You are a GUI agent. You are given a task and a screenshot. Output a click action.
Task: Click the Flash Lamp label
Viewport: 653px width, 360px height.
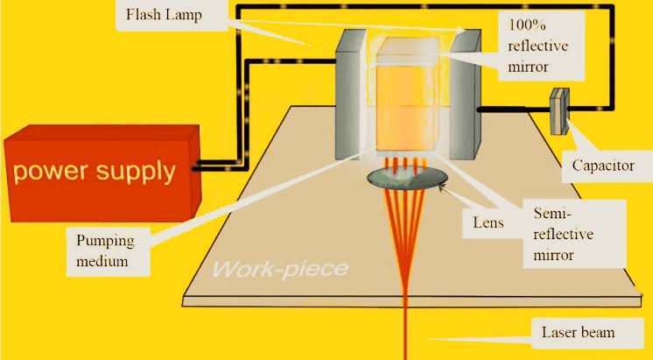[x=164, y=15]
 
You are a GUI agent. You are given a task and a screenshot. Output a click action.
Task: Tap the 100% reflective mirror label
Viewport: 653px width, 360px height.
[x=537, y=46]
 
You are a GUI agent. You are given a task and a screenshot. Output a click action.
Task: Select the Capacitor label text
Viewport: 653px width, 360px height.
[x=603, y=166]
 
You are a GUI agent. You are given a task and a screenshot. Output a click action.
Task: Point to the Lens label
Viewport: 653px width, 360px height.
[x=488, y=222]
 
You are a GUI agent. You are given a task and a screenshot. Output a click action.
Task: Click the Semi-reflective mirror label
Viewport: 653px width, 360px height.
[x=563, y=234]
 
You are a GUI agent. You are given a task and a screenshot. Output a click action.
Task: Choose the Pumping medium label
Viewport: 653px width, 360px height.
[x=105, y=251]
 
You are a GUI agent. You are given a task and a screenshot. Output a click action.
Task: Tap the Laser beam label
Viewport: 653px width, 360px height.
[x=578, y=332]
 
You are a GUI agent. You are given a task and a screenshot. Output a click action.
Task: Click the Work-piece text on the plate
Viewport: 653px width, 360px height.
[x=280, y=269]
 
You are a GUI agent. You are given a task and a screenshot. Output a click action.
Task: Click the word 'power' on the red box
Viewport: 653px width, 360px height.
[x=51, y=172]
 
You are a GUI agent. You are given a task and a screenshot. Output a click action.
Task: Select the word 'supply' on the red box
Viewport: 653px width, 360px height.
[x=136, y=172]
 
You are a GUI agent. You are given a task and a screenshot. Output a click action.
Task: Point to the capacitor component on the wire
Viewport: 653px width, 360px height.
[x=558, y=111]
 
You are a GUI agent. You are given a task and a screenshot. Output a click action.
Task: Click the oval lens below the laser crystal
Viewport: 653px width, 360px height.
[x=407, y=178]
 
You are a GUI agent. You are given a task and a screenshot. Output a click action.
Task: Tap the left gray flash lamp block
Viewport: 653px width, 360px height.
[x=351, y=95]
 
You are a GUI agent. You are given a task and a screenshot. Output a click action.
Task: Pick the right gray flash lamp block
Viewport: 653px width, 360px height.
[x=465, y=95]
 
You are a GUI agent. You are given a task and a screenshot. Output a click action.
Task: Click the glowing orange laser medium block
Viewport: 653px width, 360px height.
[x=407, y=95]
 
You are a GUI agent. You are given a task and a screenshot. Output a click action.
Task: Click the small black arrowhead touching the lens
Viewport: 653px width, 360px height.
[x=442, y=188]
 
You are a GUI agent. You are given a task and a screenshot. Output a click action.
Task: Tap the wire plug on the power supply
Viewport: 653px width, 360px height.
[x=197, y=166]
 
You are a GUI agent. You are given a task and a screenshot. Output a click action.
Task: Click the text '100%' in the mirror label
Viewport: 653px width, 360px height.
[x=527, y=25]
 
